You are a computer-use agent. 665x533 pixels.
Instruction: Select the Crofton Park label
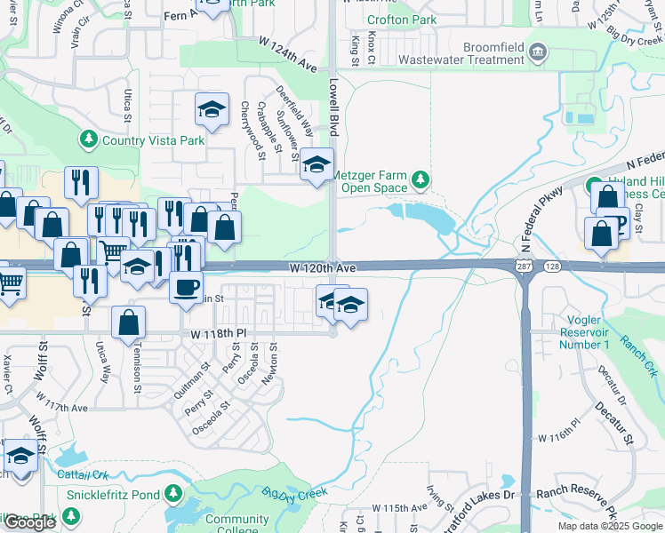(x=401, y=20)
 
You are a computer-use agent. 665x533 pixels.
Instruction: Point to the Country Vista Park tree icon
(x=89, y=139)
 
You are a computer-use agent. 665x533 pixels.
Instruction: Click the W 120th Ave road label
(x=322, y=267)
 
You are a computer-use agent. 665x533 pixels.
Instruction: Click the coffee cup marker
(x=186, y=288)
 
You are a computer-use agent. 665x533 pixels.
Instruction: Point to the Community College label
(x=236, y=525)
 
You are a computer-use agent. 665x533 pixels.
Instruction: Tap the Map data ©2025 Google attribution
(x=610, y=526)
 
